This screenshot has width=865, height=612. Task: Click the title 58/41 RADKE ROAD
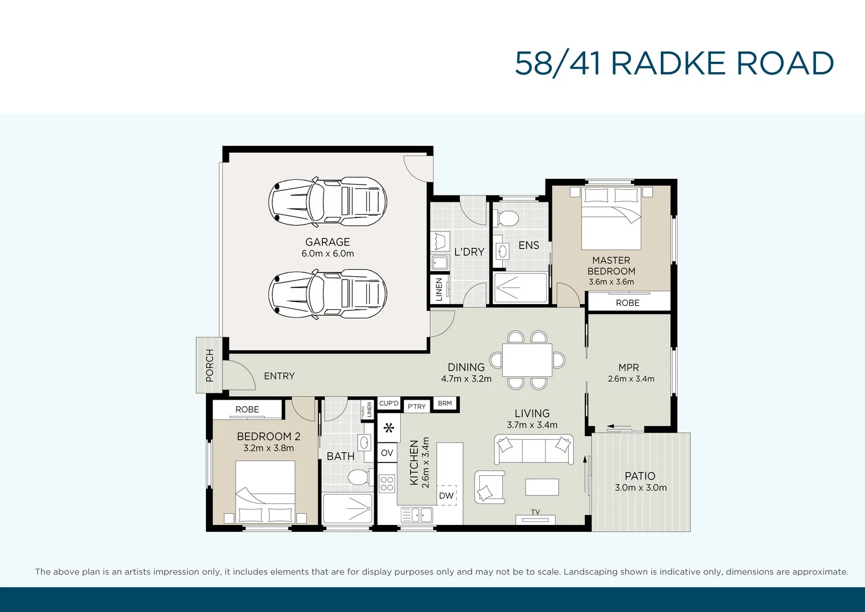674,63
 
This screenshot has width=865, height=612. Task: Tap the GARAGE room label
328,242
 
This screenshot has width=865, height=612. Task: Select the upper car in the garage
328,201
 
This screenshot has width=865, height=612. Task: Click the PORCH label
209,365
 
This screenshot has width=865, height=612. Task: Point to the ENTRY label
279,376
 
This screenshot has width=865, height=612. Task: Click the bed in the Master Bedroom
611,218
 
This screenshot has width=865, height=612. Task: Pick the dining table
527,360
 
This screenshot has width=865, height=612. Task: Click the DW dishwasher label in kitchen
446,495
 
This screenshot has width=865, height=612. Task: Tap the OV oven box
387,453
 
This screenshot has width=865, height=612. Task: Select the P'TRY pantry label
416,406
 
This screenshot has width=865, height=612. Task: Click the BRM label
445,403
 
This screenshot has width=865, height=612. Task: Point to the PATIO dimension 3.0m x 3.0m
641,488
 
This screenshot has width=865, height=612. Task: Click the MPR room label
629,367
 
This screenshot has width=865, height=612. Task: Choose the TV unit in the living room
535,519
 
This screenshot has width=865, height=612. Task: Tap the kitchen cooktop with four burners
387,483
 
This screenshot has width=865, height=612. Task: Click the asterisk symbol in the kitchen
389,428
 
